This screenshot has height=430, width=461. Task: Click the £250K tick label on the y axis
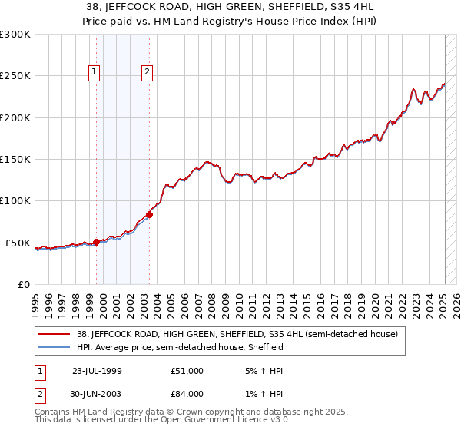15,76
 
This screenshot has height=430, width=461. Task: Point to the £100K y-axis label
15,201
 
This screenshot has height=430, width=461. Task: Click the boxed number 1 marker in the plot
95,73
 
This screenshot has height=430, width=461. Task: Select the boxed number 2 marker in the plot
146,73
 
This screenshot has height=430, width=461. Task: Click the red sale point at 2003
149,214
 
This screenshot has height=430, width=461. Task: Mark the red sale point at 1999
96,242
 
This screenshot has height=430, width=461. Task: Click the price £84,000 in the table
187,394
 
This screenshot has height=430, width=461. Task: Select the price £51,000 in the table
187,371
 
